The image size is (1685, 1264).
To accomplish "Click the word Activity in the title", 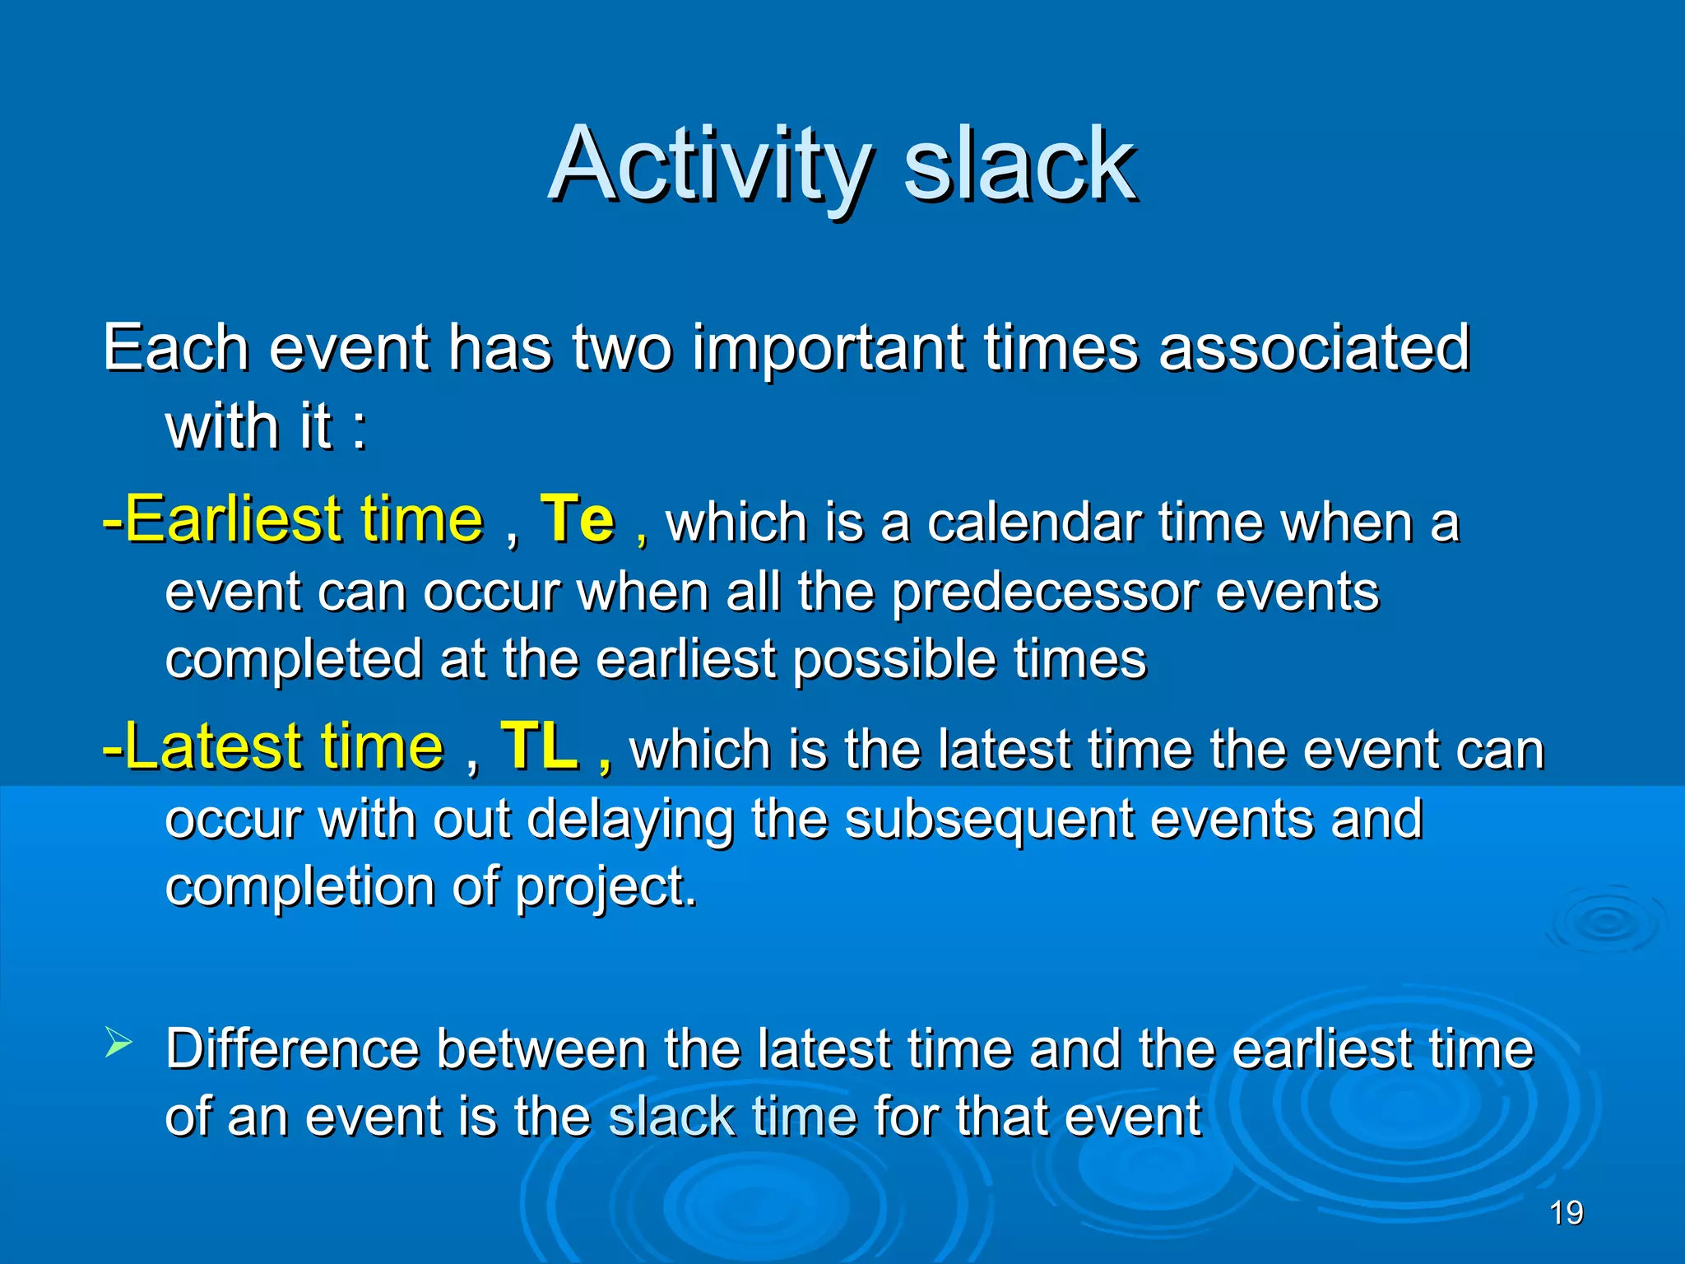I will pyautogui.click(x=709, y=165).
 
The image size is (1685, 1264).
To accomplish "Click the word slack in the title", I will pyautogui.click(x=1020, y=165).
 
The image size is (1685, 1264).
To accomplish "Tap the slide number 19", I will pyautogui.click(x=1566, y=1213).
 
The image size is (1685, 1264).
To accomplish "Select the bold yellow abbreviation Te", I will pyautogui.click(x=577, y=519).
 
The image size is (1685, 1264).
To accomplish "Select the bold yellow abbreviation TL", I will pyautogui.click(x=540, y=746).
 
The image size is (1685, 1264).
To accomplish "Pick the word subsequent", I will pyautogui.click(x=987, y=820).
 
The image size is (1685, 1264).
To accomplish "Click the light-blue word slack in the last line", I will pyautogui.click(x=671, y=1118).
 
